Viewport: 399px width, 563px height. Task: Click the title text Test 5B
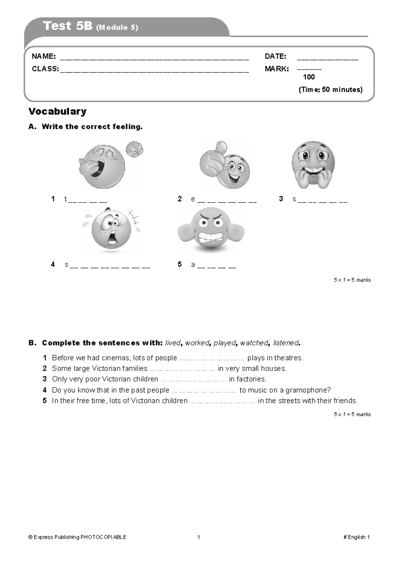(67, 26)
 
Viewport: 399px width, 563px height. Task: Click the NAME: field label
(44, 56)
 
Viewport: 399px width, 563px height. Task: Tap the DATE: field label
(275, 56)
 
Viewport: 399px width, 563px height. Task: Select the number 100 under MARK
(309, 77)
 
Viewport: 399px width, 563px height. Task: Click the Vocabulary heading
(57, 111)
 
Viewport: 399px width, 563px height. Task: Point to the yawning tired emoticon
(103, 166)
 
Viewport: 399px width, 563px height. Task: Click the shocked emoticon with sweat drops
(111, 230)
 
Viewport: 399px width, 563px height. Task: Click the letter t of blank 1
(66, 199)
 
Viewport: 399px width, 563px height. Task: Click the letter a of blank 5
(193, 265)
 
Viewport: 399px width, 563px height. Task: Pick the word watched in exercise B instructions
(254, 343)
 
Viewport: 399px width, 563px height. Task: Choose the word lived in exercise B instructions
(173, 343)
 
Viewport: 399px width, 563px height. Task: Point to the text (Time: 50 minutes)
(331, 90)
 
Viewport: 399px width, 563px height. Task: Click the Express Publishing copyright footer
(77, 537)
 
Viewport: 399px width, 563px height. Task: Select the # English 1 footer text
(356, 537)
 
